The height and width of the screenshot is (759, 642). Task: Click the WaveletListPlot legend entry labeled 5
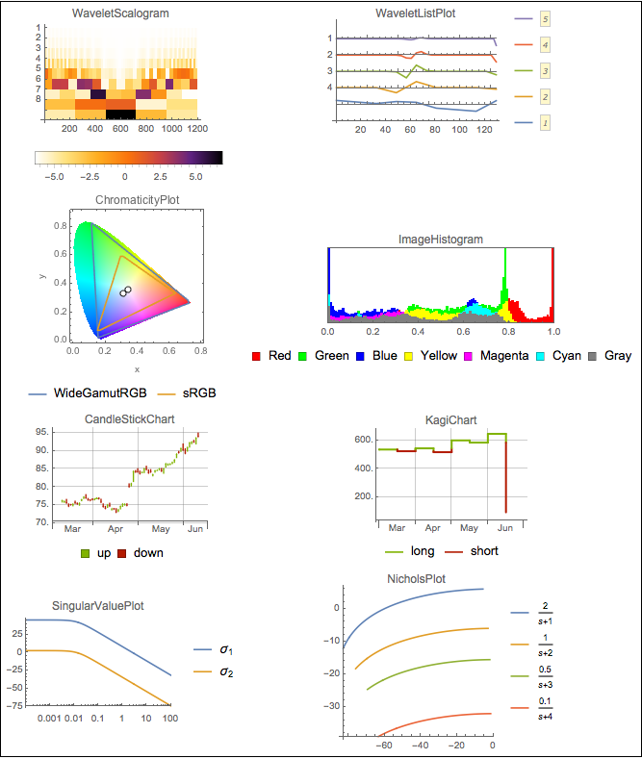[546, 18]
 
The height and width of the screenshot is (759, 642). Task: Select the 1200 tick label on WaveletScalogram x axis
[198, 128]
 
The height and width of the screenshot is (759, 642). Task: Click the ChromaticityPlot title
[138, 200]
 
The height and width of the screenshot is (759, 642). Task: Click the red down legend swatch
[122, 554]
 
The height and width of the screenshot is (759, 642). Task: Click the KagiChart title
[450, 419]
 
